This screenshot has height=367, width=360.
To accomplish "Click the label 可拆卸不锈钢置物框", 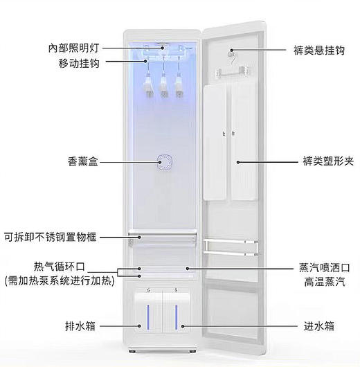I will pos(51,237).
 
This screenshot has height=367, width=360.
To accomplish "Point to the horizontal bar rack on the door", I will pos(228,244).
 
